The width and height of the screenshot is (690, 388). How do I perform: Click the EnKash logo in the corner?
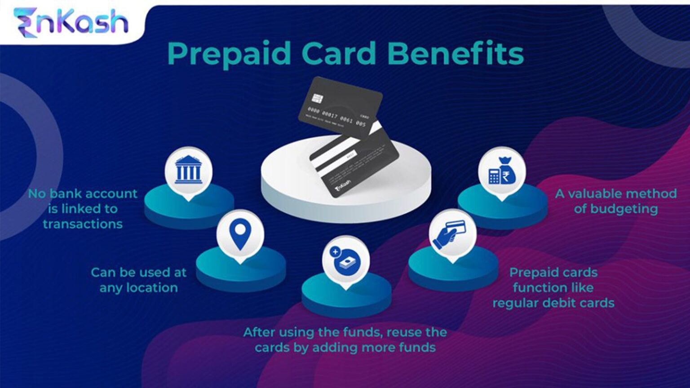(x=71, y=22)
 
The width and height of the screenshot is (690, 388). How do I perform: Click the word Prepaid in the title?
(x=230, y=54)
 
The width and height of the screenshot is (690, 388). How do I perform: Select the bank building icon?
(x=188, y=170)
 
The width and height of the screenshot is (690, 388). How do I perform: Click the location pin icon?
(x=239, y=234)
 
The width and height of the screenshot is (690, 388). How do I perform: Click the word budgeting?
(x=624, y=209)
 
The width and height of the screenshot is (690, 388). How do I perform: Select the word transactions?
(x=83, y=224)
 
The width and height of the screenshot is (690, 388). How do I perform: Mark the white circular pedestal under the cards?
(x=296, y=193)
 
